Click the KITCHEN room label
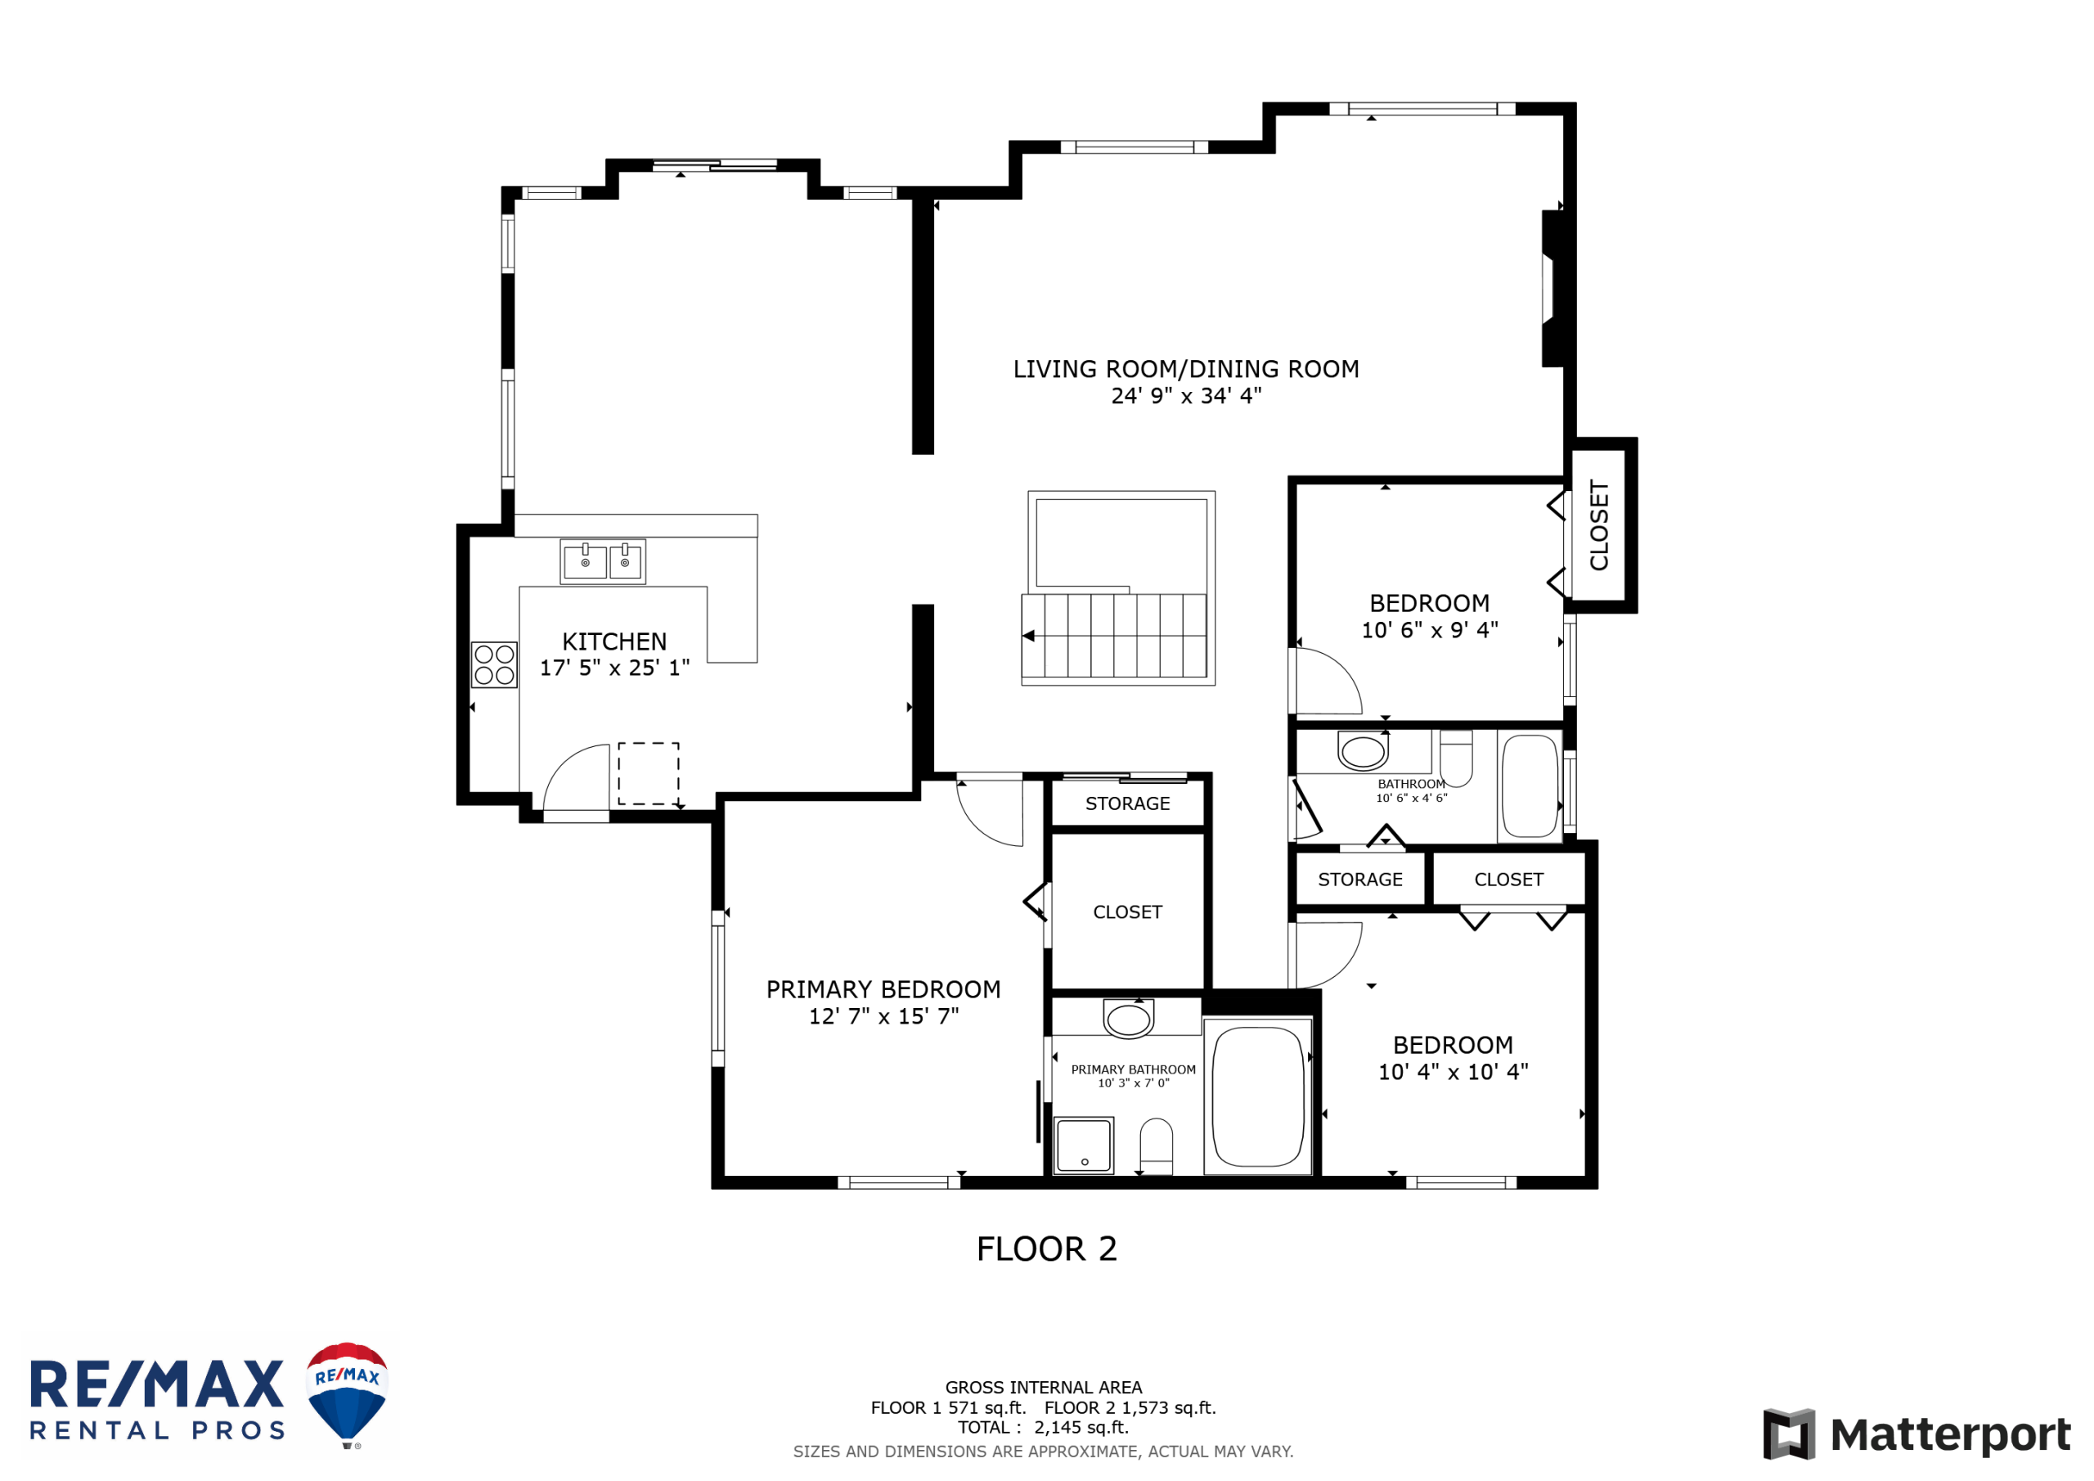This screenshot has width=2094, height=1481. click(x=613, y=641)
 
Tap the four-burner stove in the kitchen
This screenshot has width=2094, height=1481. click(x=494, y=664)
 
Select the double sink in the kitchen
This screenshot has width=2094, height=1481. click(x=603, y=561)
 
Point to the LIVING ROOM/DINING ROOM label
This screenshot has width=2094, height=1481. click(x=1185, y=369)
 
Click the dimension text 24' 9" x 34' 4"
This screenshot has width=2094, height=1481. click(x=1185, y=395)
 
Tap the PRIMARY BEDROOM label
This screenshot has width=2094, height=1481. click(x=883, y=989)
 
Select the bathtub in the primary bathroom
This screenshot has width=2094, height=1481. click(x=1258, y=1096)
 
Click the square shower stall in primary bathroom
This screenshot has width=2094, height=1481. click(x=1084, y=1146)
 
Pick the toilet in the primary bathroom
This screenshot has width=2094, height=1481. click(x=1157, y=1146)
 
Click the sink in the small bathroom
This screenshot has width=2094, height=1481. click(x=1363, y=752)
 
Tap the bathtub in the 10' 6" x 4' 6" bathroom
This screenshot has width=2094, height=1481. click(x=1530, y=786)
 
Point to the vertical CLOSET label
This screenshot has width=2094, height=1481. click(x=1599, y=525)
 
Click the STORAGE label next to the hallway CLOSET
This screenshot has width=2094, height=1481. click(x=1127, y=803)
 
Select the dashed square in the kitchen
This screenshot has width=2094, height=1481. click(x=649, y=774)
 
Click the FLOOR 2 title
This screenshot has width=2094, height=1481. click(x=1047, y=1249)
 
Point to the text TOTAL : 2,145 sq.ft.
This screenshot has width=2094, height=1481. click(x=1044, y=1427)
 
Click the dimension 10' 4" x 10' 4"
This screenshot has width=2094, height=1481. click(x=1453, y=1071)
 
